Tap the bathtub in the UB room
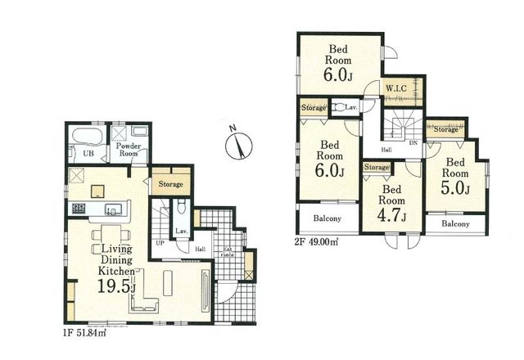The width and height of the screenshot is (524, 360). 84,135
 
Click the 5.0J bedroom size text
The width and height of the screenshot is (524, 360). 455,189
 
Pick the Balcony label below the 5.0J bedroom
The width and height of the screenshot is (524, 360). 455,223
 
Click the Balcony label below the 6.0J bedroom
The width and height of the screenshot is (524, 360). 328,220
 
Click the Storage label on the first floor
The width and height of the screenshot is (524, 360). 170,184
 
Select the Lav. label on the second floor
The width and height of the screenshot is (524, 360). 350,107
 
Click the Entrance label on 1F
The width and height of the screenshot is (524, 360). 227,251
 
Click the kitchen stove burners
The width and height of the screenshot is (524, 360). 79,208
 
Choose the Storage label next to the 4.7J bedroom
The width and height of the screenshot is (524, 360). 376,168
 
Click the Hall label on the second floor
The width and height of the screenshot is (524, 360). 386,150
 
